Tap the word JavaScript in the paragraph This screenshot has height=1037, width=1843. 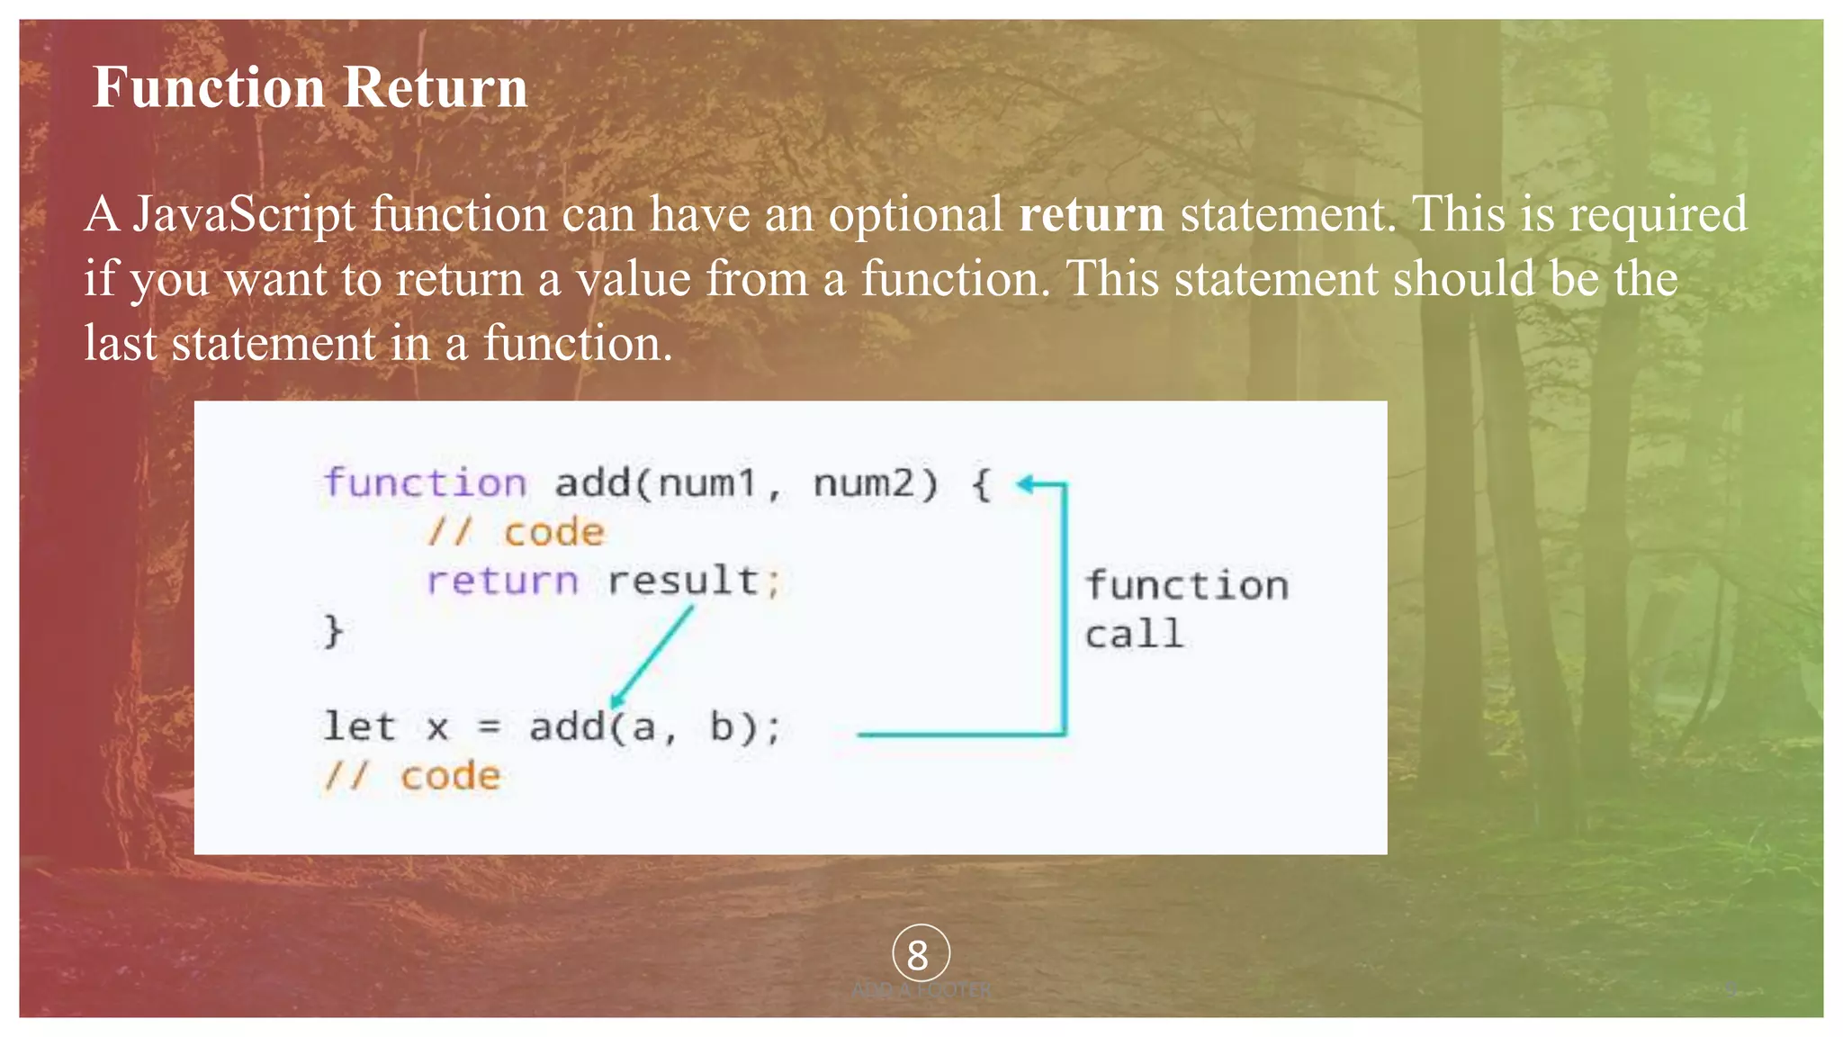click(245, 214)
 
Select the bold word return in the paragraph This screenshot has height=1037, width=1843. click(1091, 214)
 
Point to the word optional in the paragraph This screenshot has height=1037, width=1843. click(915, 214)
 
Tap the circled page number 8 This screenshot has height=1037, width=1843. click(920, 954)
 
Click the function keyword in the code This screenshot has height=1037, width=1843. click(425, 483)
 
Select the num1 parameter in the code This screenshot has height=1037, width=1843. click(706, 483)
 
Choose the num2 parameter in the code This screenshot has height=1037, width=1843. click(863, 483)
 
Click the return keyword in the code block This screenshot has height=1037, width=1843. click(501, 582)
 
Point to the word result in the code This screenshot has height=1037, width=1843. click(683, 582)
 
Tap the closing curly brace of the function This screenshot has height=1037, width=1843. click(333, 631)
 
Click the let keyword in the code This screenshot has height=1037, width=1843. click(359, 727)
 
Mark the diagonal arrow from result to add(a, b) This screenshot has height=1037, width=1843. click(652, 655)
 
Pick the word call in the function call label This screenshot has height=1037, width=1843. click(1133, 635)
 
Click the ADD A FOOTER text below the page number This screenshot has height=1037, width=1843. click(921, 990)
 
